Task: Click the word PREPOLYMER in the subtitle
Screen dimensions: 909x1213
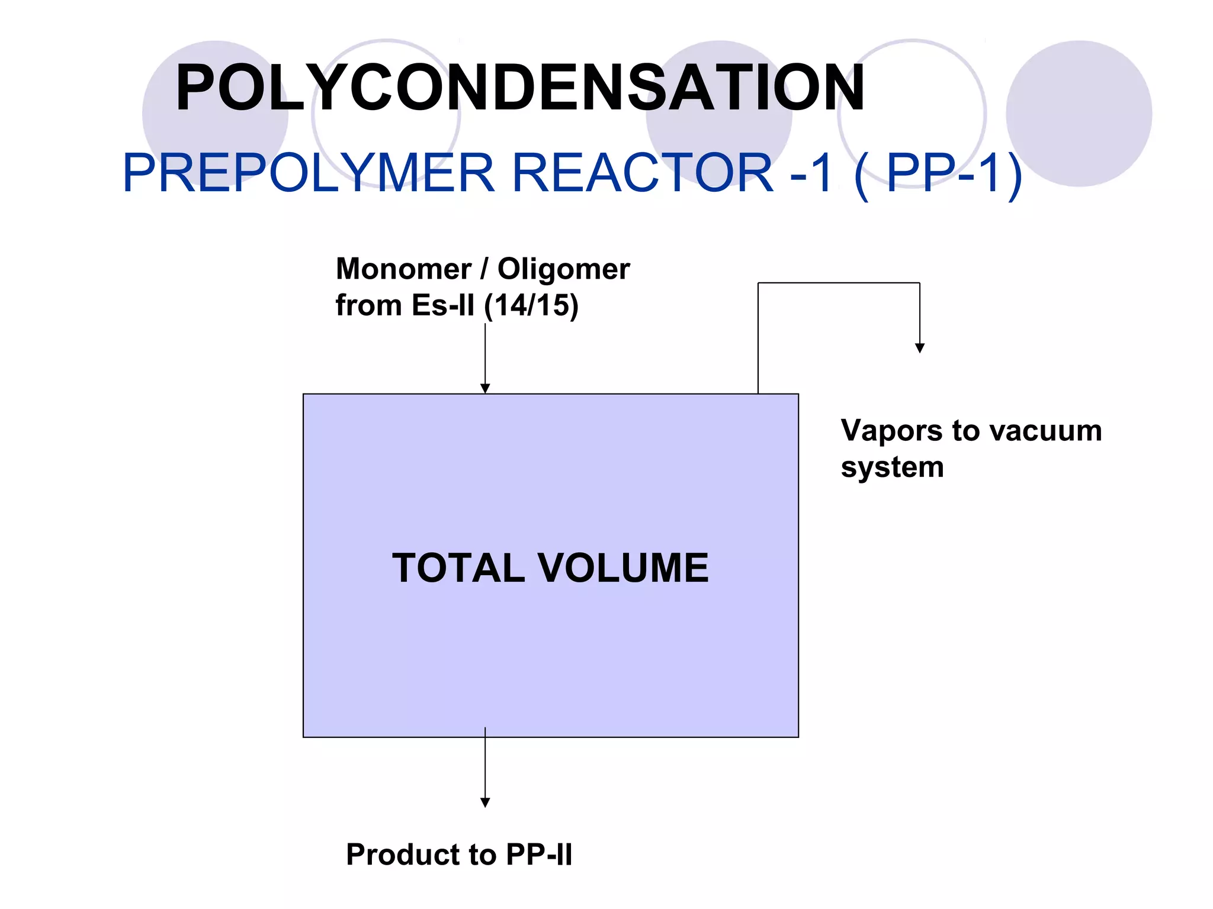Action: click(x=308, y=173)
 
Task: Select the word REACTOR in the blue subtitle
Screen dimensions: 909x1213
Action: click(x=642, y=173)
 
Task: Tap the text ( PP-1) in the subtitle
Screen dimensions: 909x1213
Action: click(x=938, y=174)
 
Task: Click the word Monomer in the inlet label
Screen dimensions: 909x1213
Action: click(x=403, y=269)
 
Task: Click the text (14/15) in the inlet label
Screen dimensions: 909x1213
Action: click(x=531, y=306)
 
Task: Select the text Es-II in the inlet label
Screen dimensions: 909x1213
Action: click(x=443, y=306)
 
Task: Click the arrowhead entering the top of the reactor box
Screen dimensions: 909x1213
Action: click(x=485, y=388)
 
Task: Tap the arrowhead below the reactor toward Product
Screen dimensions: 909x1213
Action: click(x=485, y=802)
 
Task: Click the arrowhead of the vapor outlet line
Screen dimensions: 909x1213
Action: click(x=920, y=348)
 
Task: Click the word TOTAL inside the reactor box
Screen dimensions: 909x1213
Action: click(x=458, y=568)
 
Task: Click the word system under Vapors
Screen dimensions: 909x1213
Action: click(x=892, y=468)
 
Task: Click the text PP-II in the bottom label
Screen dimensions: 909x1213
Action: click(x=539, y=855)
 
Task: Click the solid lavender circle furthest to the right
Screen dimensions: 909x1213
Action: click(x=1079, y=114)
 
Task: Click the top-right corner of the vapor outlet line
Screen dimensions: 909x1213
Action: click(x=920, y=283)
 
